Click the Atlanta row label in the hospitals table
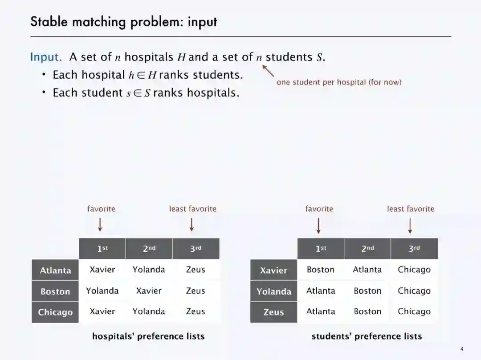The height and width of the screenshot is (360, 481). pos(55,270)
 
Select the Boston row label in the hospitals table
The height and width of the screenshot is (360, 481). pos(55,291)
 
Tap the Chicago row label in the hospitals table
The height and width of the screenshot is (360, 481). pos(55,312)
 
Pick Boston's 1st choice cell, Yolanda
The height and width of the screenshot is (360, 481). pos(102,291)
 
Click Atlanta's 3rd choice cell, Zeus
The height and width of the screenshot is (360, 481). pos(196,270)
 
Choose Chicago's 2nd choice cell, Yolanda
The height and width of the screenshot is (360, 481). pos(149,311)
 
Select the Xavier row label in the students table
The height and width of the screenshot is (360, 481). pos(273,270)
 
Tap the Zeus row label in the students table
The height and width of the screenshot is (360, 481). pos(273,312)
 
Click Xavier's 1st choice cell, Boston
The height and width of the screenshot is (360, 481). pos(320,270)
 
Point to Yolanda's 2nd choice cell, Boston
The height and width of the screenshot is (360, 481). pos(367,291)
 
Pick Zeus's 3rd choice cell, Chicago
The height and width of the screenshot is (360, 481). pos(414,311)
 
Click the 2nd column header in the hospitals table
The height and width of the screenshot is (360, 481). pos(149,248)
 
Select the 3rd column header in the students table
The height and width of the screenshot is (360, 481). pos(414,248)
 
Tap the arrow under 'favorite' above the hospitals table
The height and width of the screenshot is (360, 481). pos(100,225)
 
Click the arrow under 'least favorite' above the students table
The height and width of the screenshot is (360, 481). pos(410,226)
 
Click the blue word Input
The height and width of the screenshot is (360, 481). pos(45,57)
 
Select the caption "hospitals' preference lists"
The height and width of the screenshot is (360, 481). pos(148,336)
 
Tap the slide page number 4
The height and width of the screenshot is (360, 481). pos(462,348)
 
